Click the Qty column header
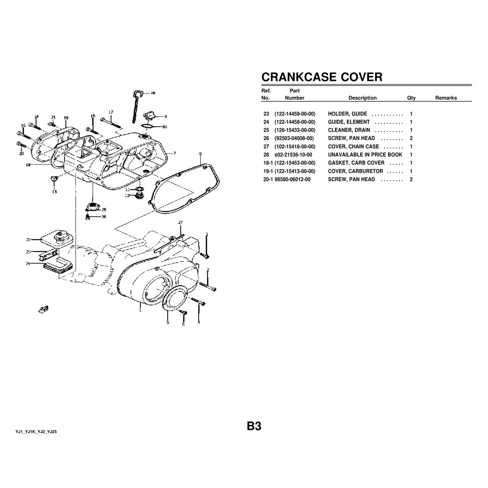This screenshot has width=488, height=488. [411, 98]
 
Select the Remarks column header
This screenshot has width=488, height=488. [446, 98]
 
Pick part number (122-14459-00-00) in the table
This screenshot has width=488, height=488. [295, 114]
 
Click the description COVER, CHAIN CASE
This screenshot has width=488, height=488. [353, 146]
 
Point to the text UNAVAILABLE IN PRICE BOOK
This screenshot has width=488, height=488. [365, 155]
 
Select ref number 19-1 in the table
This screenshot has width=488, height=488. [268, 171]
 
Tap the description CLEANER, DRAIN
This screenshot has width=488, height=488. [349, 130]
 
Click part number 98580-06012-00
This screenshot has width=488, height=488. [292, 179]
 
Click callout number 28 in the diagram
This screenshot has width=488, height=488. [152, 93]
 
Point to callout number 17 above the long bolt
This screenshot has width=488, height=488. [111, 112]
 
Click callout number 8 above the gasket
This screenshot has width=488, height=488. [200, 154]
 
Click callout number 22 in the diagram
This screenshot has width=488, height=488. [28, 240]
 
